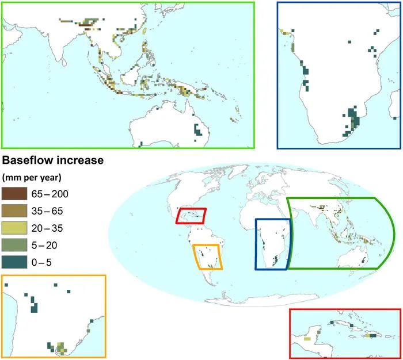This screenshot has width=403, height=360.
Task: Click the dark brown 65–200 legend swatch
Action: coord(13,193)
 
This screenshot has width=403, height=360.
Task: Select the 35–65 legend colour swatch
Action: coord(13,210)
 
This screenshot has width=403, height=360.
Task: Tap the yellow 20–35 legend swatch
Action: coord(13,228)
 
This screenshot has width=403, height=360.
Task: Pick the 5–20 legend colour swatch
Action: coord(13,246)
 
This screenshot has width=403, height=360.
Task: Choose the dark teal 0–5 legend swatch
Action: coord(13,263)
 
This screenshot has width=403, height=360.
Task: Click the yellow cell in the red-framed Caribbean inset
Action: coord(307,339)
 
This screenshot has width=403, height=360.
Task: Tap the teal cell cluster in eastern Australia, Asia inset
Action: coord(199,129)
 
